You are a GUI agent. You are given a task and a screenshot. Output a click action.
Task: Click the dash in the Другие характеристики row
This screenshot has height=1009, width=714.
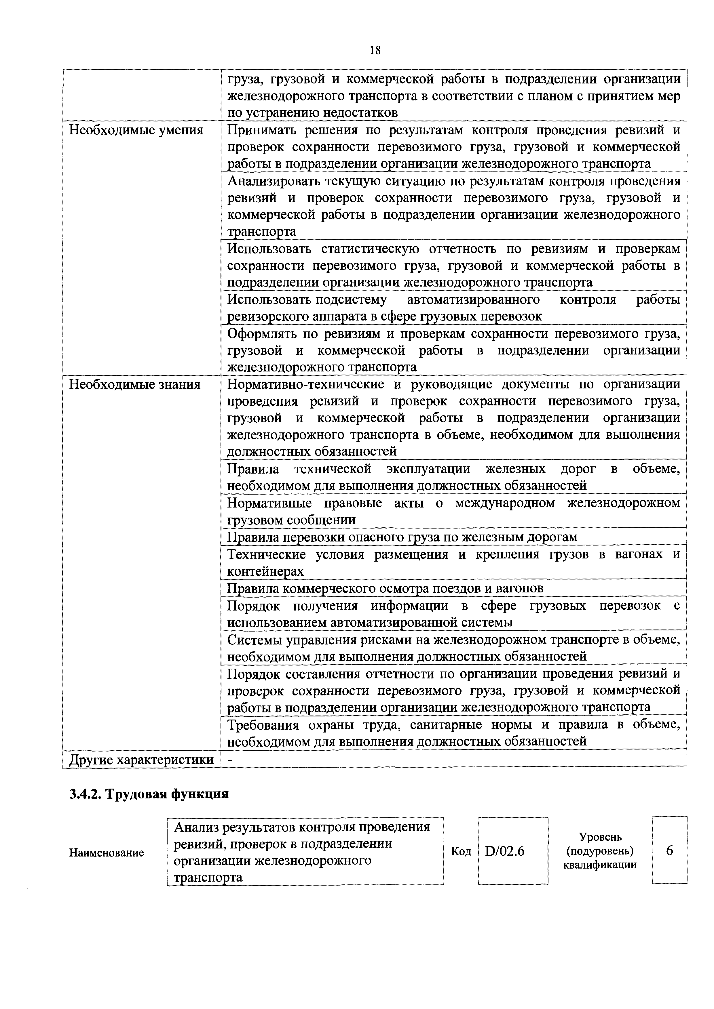(x=229, y=759)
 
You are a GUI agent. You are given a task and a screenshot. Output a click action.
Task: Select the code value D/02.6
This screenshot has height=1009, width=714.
(x=505, y=851)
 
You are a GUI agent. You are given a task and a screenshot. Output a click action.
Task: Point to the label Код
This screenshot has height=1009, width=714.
(x=461, y=852)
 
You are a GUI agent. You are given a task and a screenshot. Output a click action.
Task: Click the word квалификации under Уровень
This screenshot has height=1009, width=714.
(x=600, y=865)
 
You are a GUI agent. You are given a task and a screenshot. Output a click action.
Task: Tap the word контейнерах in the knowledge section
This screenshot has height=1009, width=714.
(x=265, y=571)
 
